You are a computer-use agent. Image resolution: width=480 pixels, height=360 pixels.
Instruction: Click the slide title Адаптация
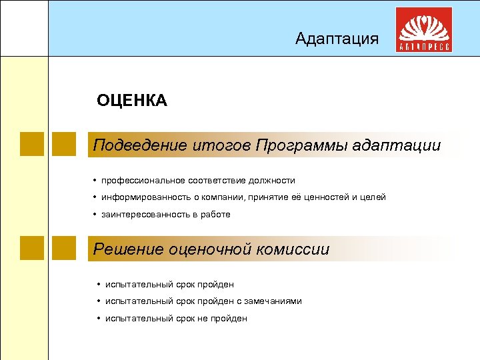coord(337,39)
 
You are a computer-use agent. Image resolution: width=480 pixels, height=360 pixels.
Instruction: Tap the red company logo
coord(424,30)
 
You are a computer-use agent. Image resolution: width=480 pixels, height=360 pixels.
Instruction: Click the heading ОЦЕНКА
coord(132,101)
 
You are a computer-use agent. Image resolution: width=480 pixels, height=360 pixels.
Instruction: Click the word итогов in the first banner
coord(222,145)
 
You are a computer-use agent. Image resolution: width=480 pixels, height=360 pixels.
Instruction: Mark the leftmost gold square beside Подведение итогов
coord(32,144)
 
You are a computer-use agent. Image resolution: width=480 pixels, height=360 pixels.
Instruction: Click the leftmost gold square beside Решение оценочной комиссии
coord(32,248)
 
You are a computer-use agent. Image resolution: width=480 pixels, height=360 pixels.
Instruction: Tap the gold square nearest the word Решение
coord(64,248)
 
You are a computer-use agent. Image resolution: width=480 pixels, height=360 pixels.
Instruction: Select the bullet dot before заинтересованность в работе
coord(95,214)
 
